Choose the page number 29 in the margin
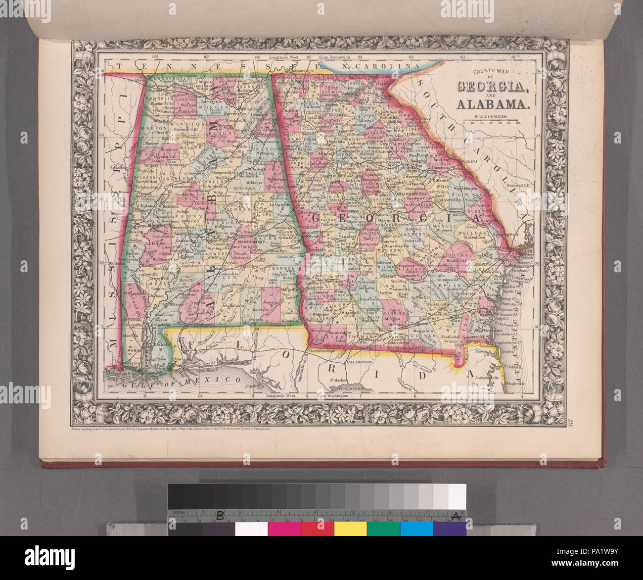pos(570,422)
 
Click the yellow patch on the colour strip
pos(350,529)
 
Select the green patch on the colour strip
pos(383,529)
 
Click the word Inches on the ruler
pos(178,512)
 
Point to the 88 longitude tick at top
pos(156,57)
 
